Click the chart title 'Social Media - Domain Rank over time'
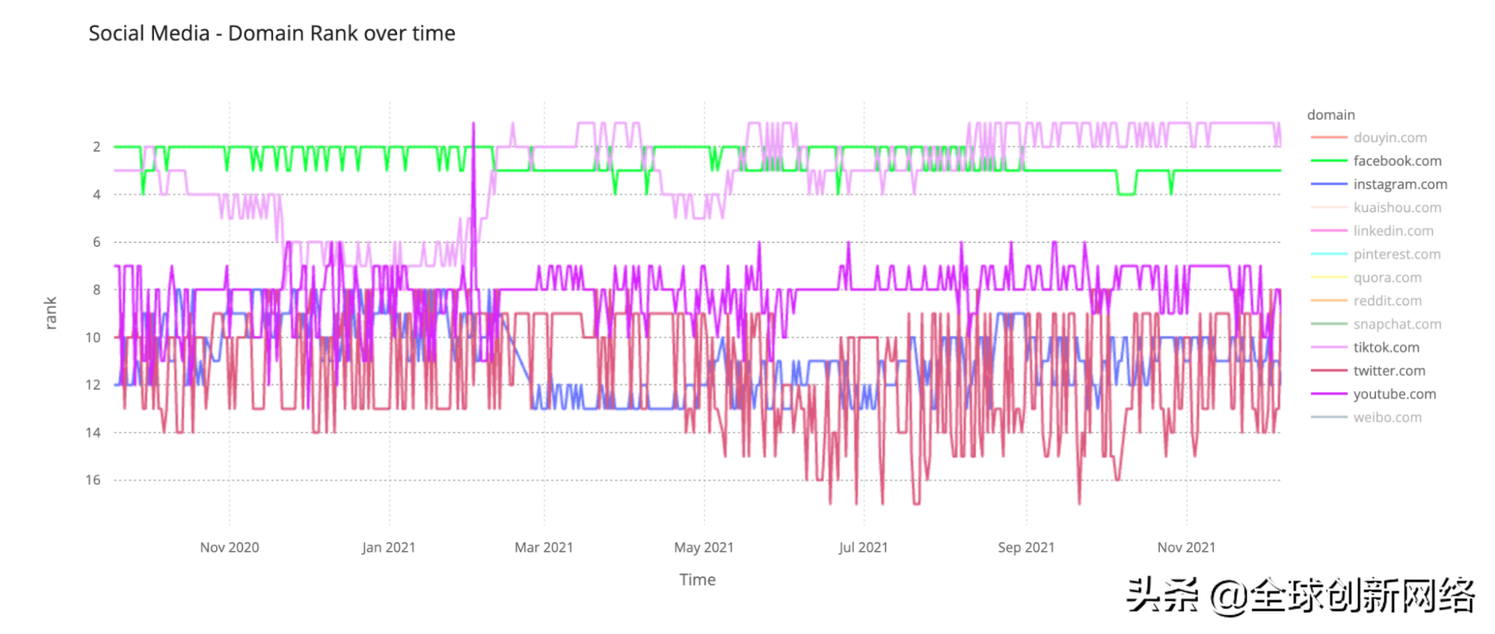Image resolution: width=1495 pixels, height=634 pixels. click(271, 34)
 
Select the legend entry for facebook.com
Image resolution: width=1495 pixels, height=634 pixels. click(1396, 161)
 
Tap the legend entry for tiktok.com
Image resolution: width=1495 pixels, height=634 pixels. click(1385, 348)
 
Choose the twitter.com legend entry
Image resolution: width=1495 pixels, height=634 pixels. click(1388, 371)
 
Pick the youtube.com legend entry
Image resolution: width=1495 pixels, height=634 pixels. click(1394, 394)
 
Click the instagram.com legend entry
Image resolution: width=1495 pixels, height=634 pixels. click(1399, 184)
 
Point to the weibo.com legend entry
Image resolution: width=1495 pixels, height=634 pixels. click(1387, 417)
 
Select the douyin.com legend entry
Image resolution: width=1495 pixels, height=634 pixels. click(1390, 138)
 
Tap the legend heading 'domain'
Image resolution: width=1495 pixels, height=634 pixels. click(1330, 114)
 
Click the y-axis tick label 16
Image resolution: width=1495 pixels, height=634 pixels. click(93, 480)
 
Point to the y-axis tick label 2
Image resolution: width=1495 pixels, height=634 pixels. click(96, 147)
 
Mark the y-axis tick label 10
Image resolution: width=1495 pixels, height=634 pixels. click(93, 337)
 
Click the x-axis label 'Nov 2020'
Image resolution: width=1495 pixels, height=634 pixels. click(229, 547)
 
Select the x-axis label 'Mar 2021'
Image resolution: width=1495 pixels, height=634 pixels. click(544, 547)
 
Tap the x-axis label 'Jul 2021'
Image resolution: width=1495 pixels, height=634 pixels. click(863, 547)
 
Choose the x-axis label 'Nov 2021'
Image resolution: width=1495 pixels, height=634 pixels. click(1186, 547)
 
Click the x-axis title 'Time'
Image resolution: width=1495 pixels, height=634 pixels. click(697, 579)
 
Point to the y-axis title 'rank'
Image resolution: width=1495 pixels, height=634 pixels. click(51, 313)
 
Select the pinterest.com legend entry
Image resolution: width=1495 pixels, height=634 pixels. click(1396, 254)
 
